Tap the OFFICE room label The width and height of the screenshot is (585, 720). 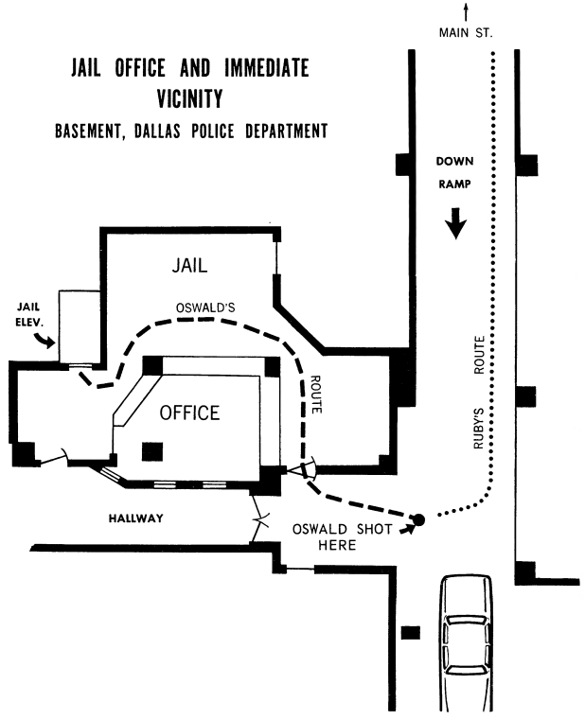[x=189, y=413]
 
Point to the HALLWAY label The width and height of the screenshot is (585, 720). [x=137, y=518]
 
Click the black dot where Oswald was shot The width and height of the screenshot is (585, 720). [x=417, y=518]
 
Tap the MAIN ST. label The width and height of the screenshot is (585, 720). [x=465, y=33]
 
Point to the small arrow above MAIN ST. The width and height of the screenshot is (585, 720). [x=465, y=11]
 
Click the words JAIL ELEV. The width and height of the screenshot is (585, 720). [x=30, y=314]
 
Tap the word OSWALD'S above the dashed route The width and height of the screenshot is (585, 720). [x=205, y=307]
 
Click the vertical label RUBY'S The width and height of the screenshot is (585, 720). [x=480, y=430]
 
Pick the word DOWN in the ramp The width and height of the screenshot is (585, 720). [x=455, y=161]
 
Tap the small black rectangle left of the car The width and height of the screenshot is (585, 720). [x=410, y=632]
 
